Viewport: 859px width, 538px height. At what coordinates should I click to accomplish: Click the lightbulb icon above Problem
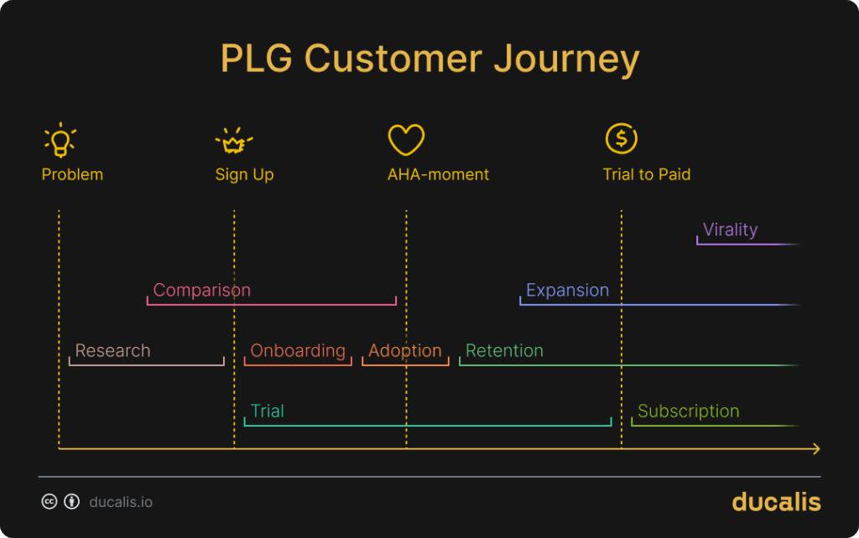(60, 140)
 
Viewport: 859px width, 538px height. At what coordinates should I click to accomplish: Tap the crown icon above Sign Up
(233, 141)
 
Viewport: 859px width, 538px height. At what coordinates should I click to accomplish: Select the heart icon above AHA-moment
(406, 139)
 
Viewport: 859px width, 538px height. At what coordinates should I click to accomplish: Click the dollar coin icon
(622, 138)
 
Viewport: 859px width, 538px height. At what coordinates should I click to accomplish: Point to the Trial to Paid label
(646, 175)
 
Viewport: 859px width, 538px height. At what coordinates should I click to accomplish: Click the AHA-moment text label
(438, 175)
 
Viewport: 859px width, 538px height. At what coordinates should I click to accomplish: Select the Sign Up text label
(244, 175)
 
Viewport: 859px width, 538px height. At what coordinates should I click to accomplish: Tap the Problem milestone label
(72, 175)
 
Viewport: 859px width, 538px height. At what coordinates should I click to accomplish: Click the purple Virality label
(730, 230)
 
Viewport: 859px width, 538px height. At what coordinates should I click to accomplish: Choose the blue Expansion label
(567, 290)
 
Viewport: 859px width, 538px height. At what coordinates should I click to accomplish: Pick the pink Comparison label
(201, 290)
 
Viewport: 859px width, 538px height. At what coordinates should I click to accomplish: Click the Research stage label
(112, 350)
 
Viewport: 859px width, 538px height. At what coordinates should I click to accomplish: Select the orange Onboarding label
(298, 350)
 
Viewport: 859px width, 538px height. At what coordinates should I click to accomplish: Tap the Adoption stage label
(404, 350)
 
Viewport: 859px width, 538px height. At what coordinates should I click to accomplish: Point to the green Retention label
(504, 350)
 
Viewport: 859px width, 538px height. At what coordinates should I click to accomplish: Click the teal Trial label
(267, 411)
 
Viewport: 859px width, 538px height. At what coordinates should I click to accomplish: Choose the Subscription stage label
(688, 411)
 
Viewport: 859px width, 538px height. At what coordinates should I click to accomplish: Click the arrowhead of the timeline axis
(815, 449)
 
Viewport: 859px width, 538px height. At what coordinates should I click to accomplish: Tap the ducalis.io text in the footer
(121, 502)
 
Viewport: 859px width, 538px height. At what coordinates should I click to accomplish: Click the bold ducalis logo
(776, 501)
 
